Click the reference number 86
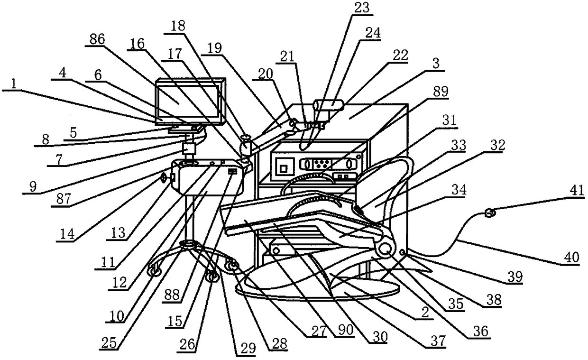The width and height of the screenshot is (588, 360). (97, 40)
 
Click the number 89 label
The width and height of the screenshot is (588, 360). (440, 92)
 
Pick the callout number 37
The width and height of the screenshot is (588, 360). (438, 341)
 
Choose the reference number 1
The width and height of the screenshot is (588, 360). (14, 84)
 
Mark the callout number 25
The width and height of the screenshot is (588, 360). (110, 344)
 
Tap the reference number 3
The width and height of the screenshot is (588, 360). (436, 64)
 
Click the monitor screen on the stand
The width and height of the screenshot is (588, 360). (187, 101)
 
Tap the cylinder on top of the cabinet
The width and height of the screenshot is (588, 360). (329, 106)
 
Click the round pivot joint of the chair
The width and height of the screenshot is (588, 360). (386, 249)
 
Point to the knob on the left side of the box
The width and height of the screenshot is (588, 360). (164, 178)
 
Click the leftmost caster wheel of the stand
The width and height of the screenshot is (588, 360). (155, 271)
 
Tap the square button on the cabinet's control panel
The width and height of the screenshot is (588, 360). (283, 168)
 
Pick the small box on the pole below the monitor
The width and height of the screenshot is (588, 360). (189, 149)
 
